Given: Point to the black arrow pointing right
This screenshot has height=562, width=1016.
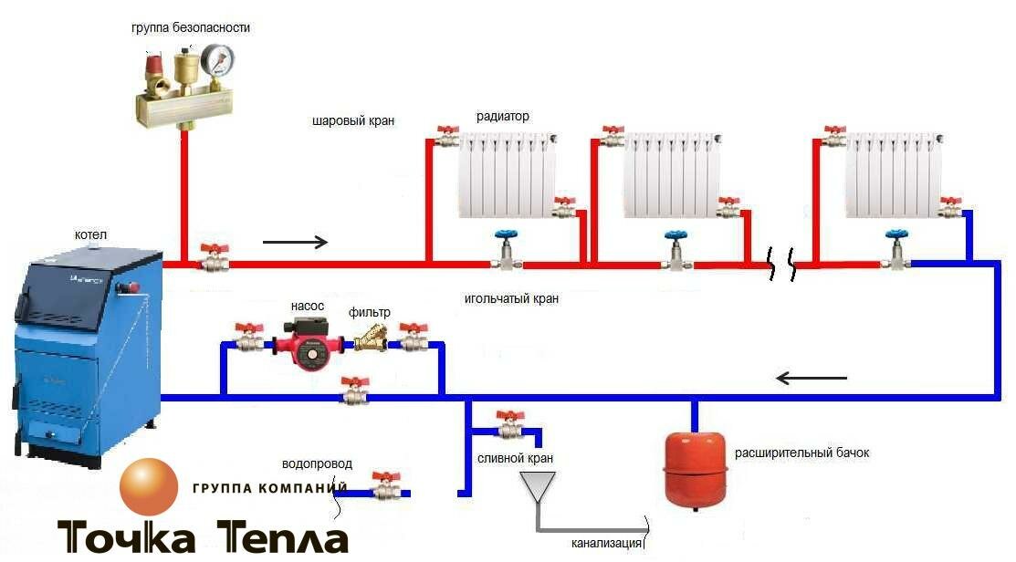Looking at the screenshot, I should (294, 242).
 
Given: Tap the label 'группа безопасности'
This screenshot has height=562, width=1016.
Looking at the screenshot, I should (191, 28).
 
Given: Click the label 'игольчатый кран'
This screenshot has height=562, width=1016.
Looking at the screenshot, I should (510, 298).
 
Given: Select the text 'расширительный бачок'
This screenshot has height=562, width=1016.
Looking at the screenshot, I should (790, 453).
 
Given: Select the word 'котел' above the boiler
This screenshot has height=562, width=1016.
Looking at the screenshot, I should (90, 235).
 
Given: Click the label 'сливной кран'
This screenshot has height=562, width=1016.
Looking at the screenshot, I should (515, 458).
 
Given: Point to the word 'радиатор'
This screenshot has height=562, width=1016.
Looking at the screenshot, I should (502, 117).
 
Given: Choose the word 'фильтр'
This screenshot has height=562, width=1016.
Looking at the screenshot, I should (369, 312).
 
